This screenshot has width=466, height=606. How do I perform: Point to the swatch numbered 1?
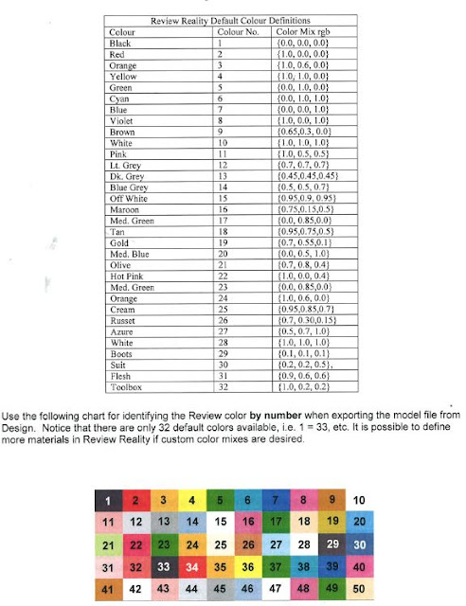(109, 500)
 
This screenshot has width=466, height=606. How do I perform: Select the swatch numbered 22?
(137, 545)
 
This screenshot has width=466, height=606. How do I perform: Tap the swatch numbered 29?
(332, 545)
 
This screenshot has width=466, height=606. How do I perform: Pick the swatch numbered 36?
(248, 568)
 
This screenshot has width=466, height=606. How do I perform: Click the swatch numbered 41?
(109, 590)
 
